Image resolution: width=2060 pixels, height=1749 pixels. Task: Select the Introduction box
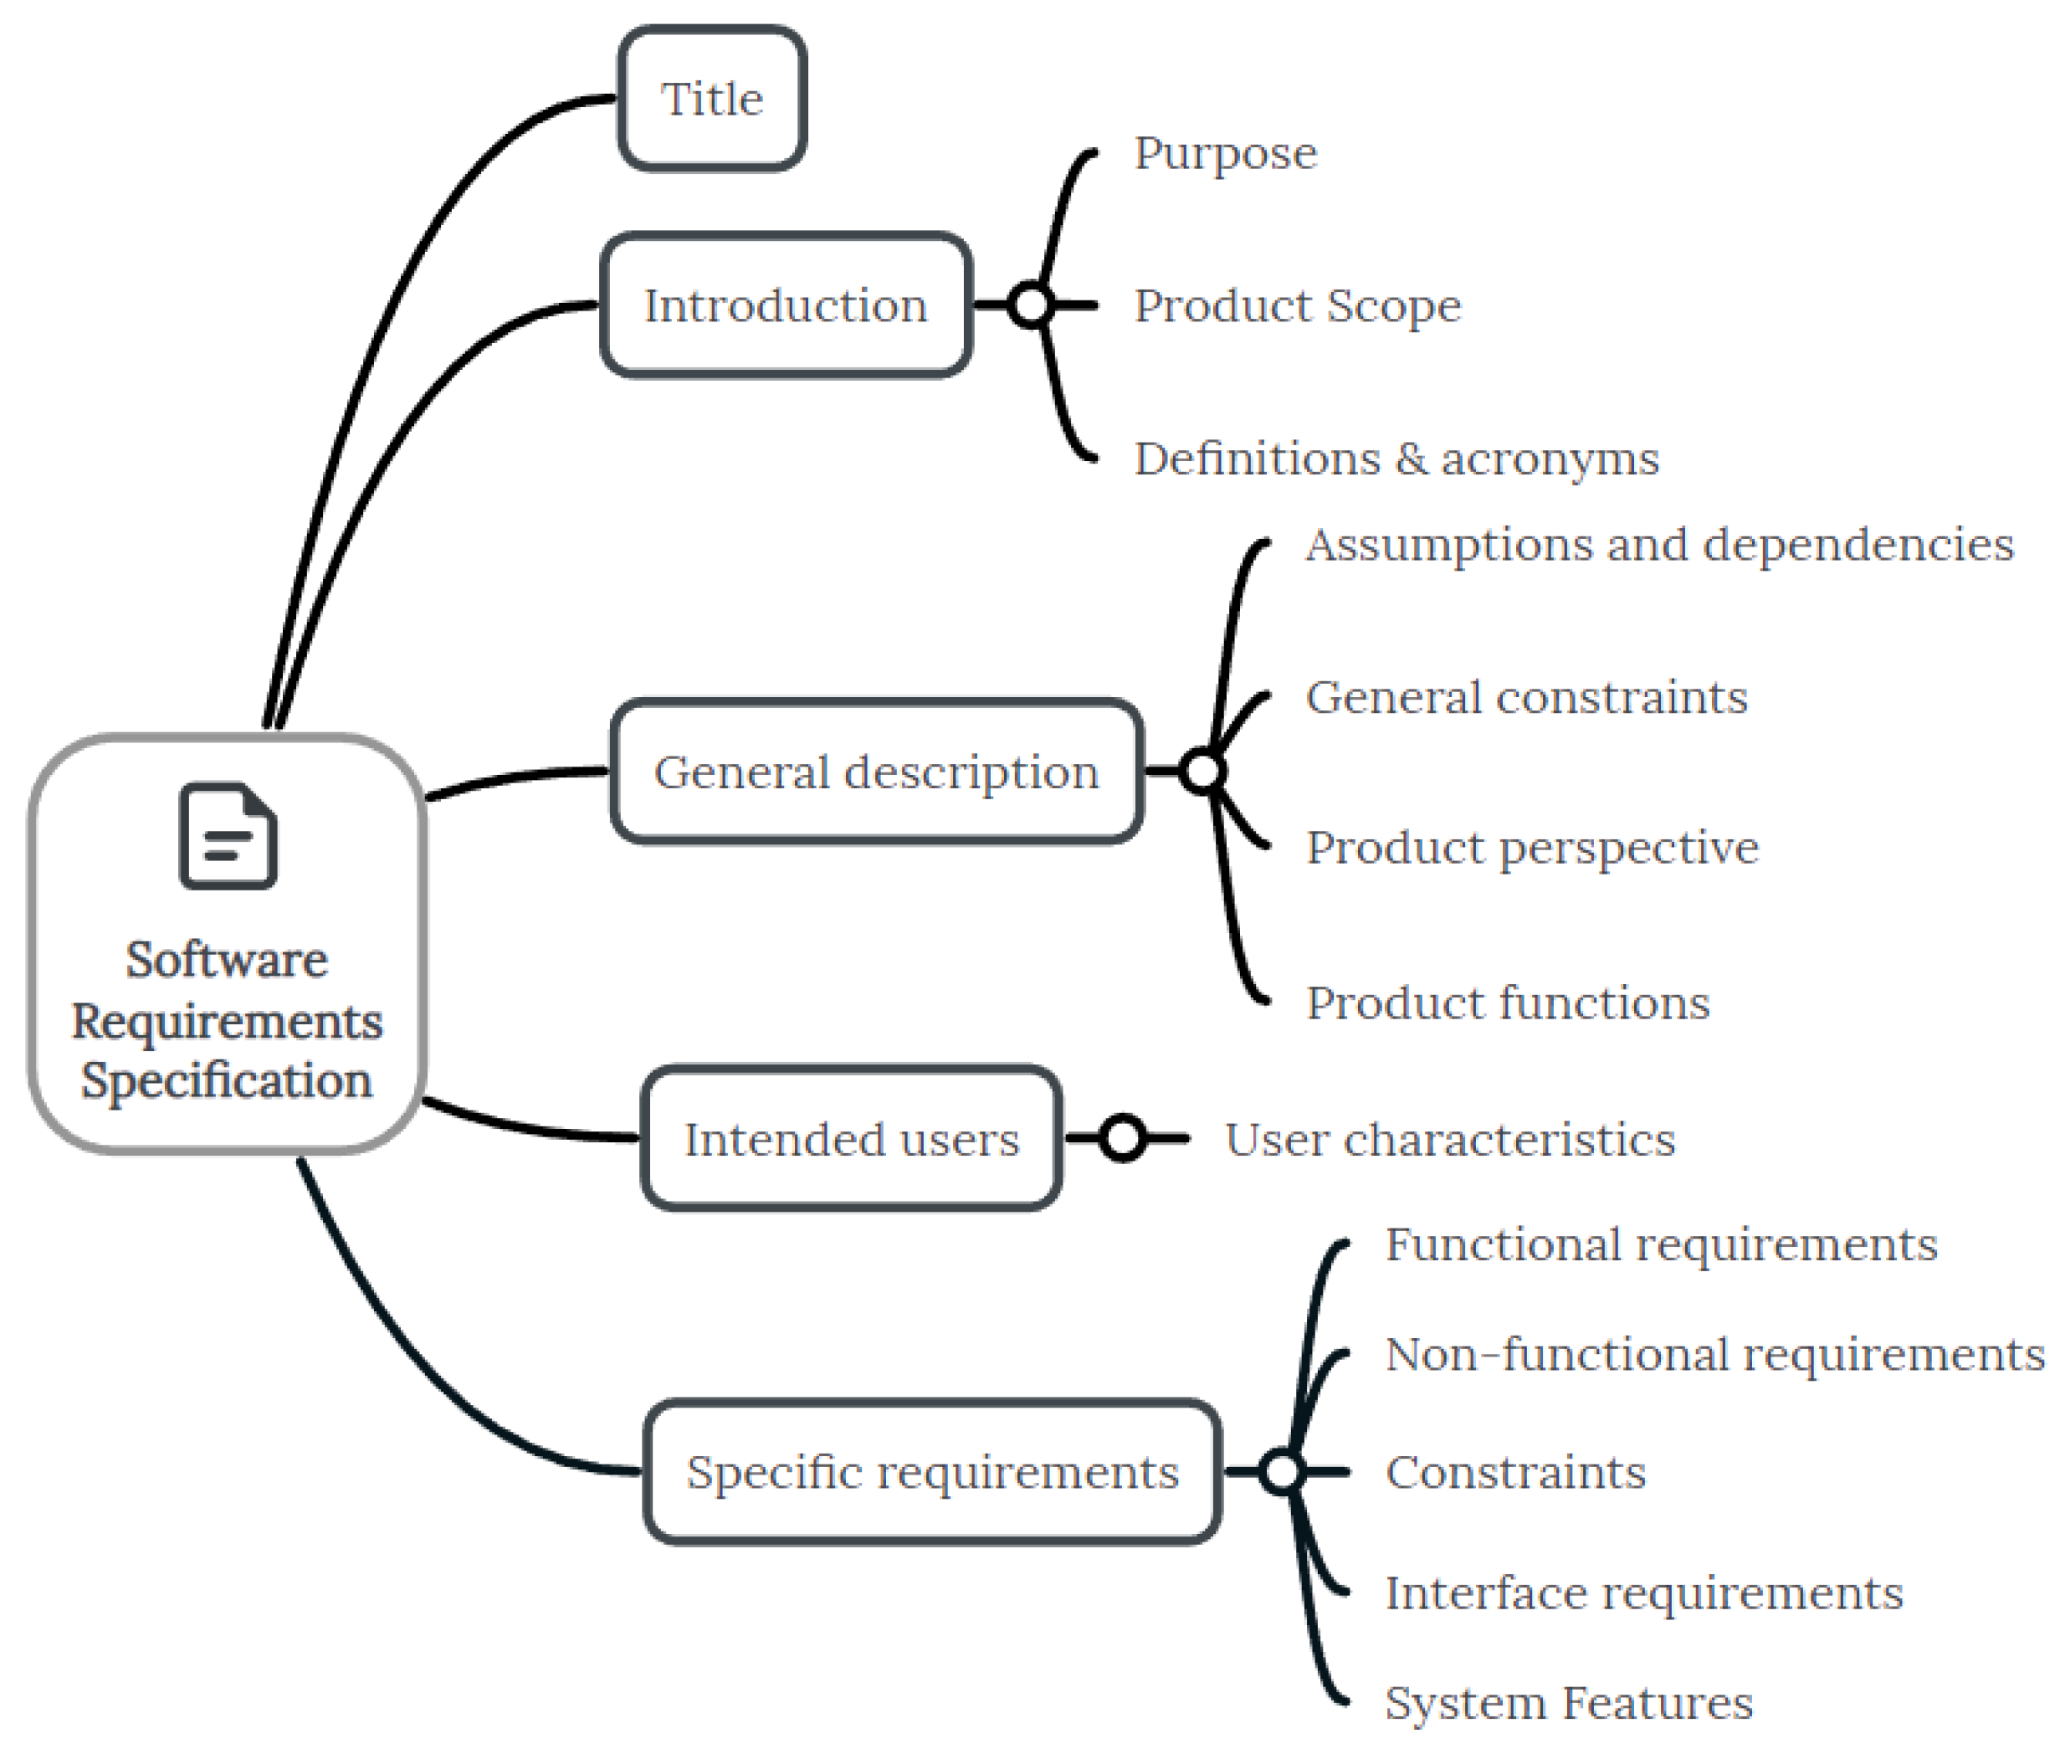pyautogui.click(x=785, y=305)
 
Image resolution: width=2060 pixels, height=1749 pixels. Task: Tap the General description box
pyautogui.click(x=876, y=772)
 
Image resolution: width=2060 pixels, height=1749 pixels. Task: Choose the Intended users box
pyautogui.click(x=852, y=1139)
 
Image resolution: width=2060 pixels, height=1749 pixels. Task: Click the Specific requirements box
pyautogui.click(x=932, y=1472)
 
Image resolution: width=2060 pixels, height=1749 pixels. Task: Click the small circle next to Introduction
pyautogui.click(x=1031, y=305)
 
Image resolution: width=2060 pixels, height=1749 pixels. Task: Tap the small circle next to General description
pyautogui.click(x=1202, y=772)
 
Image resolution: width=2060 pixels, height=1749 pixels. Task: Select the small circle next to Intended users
pyautogui.click(x=1122, y=1138)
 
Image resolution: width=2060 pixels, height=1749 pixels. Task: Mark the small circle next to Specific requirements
pyautogui.click(x=1282, y=1471)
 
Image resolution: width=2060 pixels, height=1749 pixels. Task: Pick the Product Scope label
pyautogui.click(x=1297, y=305)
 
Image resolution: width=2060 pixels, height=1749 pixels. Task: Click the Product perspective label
pyautogui.click(x=1532, y=849)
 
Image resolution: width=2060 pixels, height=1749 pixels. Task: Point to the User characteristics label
pyautogui.click(x=1449, y=1139)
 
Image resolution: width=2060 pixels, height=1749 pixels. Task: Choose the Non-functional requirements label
pyautogui.click(x=1714, y=1354)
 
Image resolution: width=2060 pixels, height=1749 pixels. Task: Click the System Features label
pyautogui.click(x=1568, y=1703)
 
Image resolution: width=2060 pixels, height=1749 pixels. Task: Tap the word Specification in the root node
pyautogui.click(x=227, y=1080)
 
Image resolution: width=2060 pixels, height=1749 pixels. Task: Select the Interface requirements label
pyautogui.click(x=1642, y=1593)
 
